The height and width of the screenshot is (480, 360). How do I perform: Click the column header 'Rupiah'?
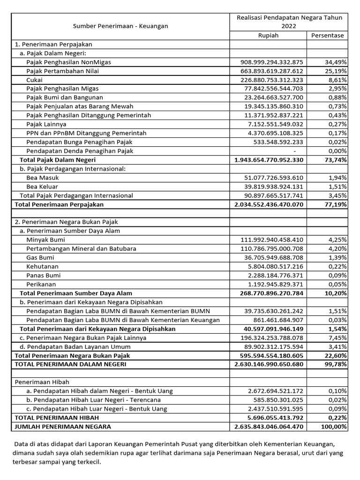click(x=268, y=35)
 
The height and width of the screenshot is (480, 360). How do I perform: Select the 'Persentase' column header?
click(x=328, y=35)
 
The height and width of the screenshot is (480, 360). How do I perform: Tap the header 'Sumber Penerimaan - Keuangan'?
click(x=120, y=26)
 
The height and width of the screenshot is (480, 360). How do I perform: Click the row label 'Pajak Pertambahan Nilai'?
click(x=62, y=71)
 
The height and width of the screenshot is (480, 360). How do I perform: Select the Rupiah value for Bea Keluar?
click(x=274, y=187)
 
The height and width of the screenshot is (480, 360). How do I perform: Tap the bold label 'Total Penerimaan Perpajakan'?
click(x=59, y=204)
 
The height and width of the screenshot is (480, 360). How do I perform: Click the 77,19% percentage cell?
click(x=335, y=204)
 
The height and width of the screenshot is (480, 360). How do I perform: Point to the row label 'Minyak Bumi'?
click(x=46, y=240)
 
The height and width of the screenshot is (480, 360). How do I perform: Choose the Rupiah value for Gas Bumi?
click(x=274, y=257)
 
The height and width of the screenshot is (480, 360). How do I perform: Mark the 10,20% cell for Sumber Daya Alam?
click(x=335, y=293)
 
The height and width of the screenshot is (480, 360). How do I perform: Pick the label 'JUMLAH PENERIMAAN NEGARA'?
click(x=63, y=427)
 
